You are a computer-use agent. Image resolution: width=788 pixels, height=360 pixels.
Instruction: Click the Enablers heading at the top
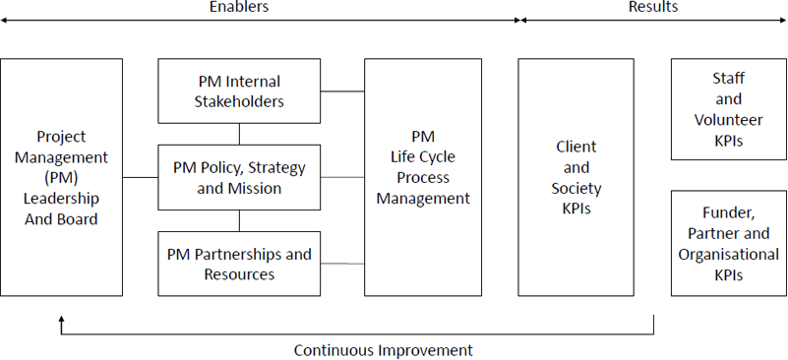tap(240, 7)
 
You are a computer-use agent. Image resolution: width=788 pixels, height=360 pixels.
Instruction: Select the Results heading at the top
tap(653, 7)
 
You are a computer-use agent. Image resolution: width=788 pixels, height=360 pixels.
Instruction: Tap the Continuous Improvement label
tap(384, 349)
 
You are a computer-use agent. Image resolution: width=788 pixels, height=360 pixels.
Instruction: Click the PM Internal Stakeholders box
tap(240, 90)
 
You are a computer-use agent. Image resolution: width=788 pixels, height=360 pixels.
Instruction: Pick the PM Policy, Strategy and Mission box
tap(240, 177)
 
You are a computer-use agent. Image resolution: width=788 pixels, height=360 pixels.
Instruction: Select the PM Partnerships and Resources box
tap(240, 264)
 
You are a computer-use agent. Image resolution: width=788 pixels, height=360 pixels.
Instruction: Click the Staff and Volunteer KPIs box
tap(728, 108)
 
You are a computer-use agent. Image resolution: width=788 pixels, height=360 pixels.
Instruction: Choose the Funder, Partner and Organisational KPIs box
tap(728, 244)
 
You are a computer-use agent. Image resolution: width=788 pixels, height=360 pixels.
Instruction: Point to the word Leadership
tap(61, 199)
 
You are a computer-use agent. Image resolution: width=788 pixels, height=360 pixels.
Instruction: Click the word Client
tap(576, 147)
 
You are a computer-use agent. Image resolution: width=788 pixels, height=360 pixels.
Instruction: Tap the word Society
tap(576, 188)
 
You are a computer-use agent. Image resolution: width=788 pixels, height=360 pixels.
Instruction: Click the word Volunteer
tap(728, 120)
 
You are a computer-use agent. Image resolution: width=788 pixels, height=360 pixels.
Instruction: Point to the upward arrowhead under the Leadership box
tap(61, 320)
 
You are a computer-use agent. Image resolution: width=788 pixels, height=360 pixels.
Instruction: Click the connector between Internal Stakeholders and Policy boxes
tap(240, 134)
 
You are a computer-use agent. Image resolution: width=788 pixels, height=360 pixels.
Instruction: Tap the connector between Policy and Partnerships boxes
tap(240, 220)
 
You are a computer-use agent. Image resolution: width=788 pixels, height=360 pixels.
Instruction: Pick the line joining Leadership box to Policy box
tap(140, 177)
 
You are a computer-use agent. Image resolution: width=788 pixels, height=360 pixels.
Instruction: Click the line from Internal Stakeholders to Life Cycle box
tap(342, 91)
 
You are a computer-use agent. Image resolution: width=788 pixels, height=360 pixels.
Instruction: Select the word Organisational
tap(728, 255)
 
